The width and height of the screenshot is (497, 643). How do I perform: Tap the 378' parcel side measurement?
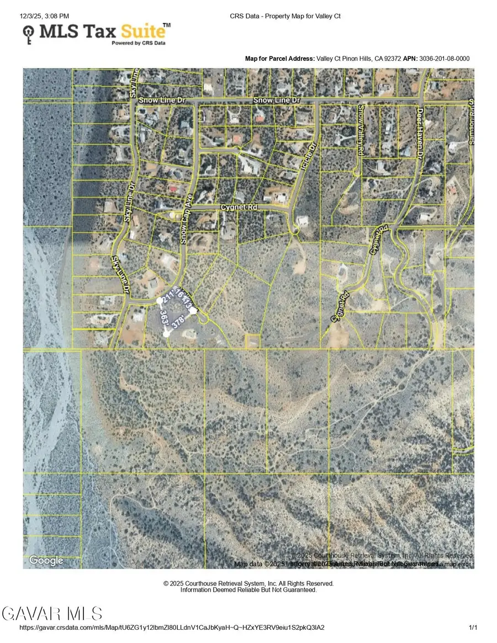178,322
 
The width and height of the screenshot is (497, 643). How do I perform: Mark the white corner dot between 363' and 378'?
167,333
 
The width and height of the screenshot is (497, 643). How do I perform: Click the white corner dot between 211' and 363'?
160,301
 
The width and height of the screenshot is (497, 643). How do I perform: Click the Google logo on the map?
46,561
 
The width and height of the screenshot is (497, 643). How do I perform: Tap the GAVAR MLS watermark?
52,613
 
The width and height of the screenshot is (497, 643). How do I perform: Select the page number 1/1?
473,628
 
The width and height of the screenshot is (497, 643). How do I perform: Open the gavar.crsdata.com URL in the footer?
172,628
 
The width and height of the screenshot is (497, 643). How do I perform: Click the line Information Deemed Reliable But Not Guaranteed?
248,590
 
